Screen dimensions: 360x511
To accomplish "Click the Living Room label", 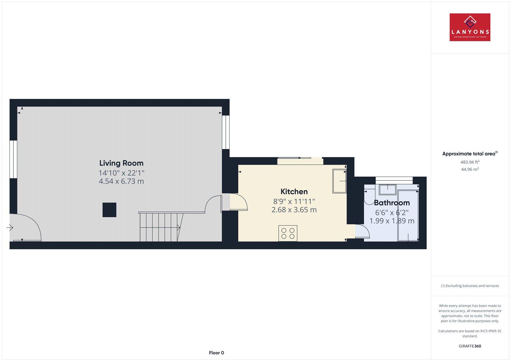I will click(x=121, y=163).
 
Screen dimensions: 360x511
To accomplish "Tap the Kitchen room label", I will click(x=294, y=191).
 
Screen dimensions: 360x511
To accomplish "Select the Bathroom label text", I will click(x=392, y=203).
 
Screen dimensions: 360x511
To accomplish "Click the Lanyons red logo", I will click(x=470, y=27).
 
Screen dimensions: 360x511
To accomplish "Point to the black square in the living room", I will click(x=109, y=210).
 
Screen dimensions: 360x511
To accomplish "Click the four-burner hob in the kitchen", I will click(x=288, y=233).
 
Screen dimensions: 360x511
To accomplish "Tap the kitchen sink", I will click(x=339, y=181).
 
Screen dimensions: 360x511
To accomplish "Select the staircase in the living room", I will click(x=160, y=227).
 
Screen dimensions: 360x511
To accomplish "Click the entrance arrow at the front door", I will click(x=10, y=228).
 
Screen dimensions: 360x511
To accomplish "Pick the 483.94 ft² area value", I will click(x=470, y=162).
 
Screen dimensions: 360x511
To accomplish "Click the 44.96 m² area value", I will click(x=470, y=169).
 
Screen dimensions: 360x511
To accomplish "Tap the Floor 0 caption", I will click(x=217, y=353).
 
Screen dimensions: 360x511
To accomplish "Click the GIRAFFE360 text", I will click(x=470, y=346).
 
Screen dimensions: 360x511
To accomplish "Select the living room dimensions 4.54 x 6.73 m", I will click(x=121, y=182).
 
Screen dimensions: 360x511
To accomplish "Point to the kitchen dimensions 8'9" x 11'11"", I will click(x=294, y=201).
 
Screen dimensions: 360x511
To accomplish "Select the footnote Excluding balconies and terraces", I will click(x=470, y=286).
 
